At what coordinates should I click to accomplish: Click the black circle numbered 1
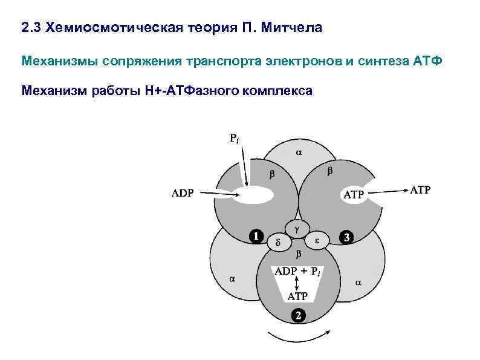(256, 236)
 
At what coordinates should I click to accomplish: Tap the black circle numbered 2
(297, 315)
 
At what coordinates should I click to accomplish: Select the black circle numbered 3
(346, 237)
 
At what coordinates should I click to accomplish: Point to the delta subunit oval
(278, 242)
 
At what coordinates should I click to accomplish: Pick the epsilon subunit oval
(317, 240)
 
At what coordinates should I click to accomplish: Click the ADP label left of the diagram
(183, 194)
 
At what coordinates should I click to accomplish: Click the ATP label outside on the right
(420, 190)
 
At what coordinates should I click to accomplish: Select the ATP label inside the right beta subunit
(354, 195)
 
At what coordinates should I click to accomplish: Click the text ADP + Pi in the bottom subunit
(297, 272)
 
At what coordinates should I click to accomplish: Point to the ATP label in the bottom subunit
(297, 296)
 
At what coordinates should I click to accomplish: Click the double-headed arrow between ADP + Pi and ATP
(297, 284)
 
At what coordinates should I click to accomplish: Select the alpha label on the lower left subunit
(232, 280)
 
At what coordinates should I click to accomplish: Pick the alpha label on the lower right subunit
(358, 282)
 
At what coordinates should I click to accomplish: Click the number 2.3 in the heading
(31, 28)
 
